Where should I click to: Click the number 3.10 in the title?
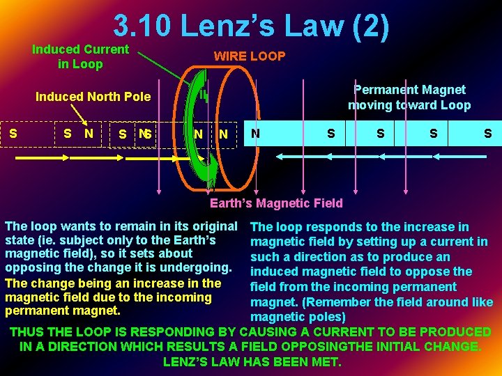142,26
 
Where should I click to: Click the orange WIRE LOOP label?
249,56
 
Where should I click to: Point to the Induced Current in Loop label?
80,56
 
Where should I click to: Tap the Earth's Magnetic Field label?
276,203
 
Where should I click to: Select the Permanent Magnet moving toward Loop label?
409,97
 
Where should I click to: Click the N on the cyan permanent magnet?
257,133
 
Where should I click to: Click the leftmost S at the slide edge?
13,132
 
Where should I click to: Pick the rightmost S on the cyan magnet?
487,133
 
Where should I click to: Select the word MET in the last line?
326,362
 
